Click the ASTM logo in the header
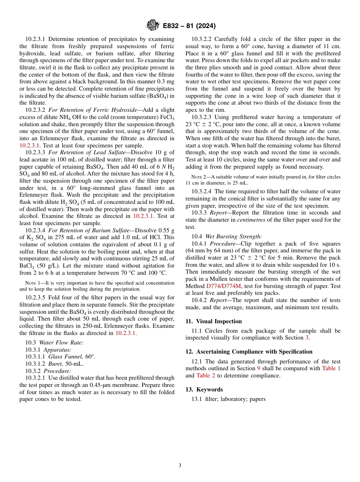pos(153,25)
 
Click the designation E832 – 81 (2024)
pos(189,26)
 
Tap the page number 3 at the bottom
pos(180,465)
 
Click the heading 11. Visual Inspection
pos(213,321)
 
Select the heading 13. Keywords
pos(204,390)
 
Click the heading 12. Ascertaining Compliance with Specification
pos(249,352)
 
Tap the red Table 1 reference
pos(331,368)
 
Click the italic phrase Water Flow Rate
pos(61,343)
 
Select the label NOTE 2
pos(196,177)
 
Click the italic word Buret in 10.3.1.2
pos(56,364)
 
